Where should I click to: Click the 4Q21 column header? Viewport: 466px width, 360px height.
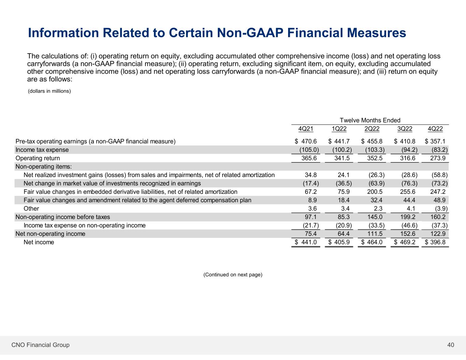coord(306,129)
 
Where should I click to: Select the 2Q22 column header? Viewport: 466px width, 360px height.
coord(372,129)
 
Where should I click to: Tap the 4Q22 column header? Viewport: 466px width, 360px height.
coord(435,129)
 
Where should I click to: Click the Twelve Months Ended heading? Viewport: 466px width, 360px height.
coord(370,120)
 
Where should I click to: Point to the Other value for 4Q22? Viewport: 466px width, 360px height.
coord(440,208)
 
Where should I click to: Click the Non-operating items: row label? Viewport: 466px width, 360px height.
coord(44,167)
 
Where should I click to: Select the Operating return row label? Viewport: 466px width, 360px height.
coord(38,158)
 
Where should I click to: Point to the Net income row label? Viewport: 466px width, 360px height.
coord(39,242)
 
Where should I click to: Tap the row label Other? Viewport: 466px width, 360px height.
coord(31,208)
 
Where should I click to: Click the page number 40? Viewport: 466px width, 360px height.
coord(451,345)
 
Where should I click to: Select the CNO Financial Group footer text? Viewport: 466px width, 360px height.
coord(40,345)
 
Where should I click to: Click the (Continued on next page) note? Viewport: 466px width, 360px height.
coord(233,275)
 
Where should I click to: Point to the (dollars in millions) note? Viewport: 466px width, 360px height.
coord(49,91)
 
